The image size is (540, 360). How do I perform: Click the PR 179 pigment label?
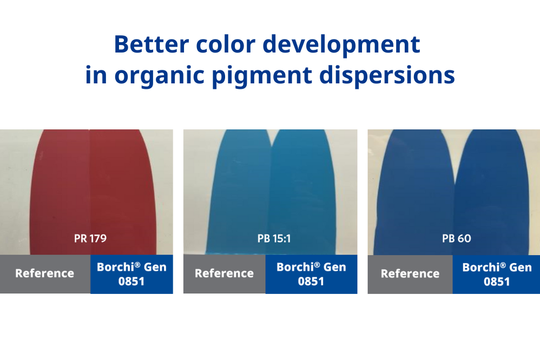pos(90,238)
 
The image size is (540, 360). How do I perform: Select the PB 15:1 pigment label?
pos(274,238)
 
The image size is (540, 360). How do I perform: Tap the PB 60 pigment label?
pos(457,238)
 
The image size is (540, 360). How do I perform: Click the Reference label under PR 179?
pos(44,273)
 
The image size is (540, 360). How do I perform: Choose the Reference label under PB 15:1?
pos(224,273)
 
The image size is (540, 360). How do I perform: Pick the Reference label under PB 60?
pos(410,273)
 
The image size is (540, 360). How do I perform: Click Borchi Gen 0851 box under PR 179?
pos(131,274)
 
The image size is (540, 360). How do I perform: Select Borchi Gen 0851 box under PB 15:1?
pos(311,274)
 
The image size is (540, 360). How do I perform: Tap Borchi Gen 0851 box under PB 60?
pos(497,274)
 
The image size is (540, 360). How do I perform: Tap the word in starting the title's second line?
pos(96,75)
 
